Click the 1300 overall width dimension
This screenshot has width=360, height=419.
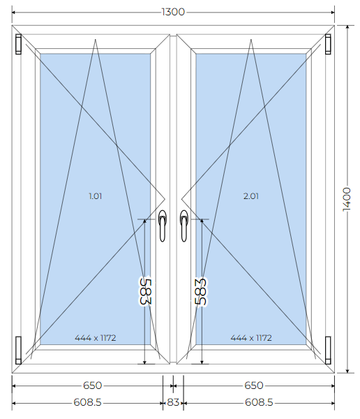(x=173, y=12)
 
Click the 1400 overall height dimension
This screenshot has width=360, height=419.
(x=347, y=199)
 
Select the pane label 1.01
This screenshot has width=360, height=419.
(x=96, y=196)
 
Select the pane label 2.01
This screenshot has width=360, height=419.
(x=251, y=196)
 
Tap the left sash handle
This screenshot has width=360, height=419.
(x=163, y=226)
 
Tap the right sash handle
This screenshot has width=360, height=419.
(x=184, y=226)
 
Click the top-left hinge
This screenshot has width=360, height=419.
(x=18, y=44)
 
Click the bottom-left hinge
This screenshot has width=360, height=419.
(x=18, y=351)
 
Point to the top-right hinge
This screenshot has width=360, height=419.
(x=328, y=44)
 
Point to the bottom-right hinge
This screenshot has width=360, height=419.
(x=328, y=351)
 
